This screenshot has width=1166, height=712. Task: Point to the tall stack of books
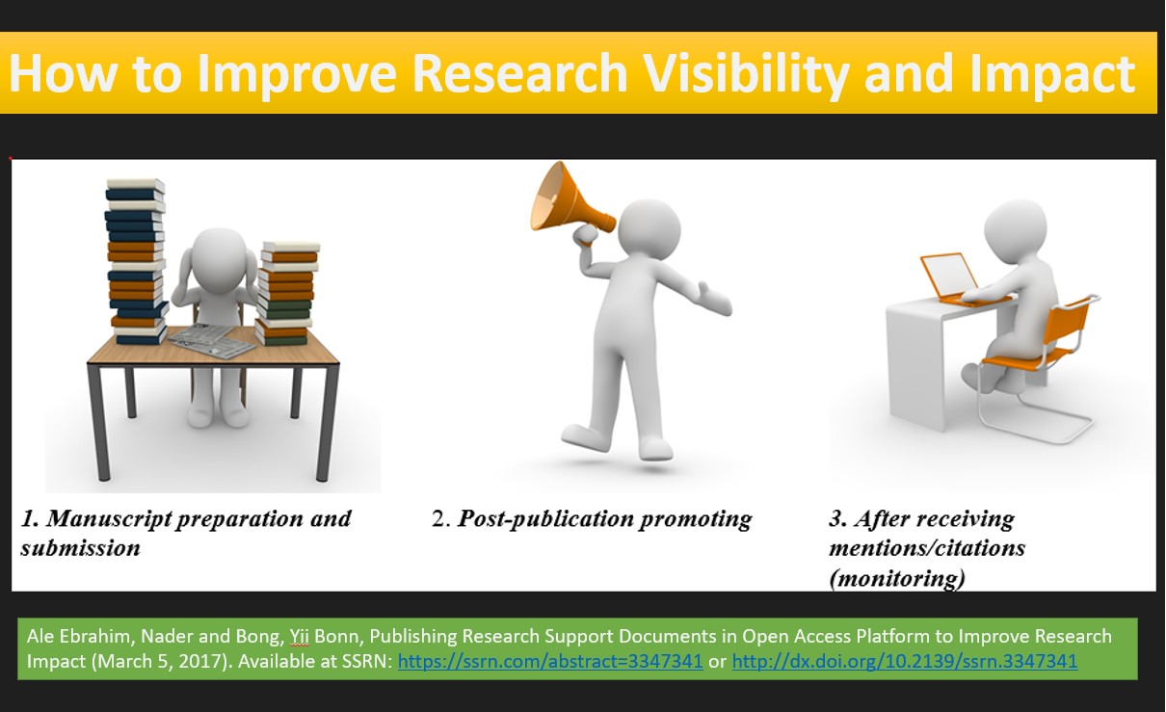(134, 260)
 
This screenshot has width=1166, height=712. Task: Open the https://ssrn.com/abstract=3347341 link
(550, 662)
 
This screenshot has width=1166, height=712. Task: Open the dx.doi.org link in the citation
(904, 662)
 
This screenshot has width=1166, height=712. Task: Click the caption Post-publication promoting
(604, 519)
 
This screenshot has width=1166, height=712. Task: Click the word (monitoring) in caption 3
(896, 578)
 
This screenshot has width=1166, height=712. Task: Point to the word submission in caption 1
(80, 548)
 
